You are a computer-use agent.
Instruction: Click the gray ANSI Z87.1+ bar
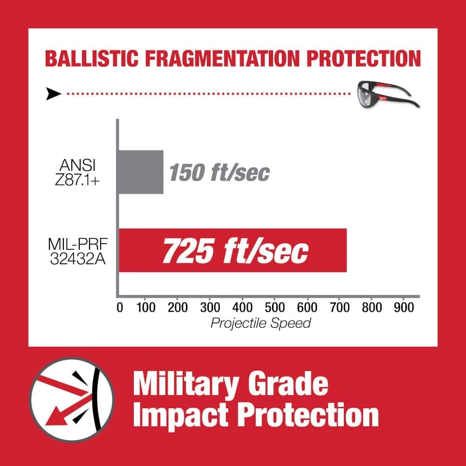point(141,172)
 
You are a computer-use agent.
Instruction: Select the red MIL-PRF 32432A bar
point(233,250)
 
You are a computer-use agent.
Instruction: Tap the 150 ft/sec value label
point(219,173)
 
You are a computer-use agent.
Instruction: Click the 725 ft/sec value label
point(235,252)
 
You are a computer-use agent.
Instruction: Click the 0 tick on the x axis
point(120,308)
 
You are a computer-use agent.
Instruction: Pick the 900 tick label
point(404,308)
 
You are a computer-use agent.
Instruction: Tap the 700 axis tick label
point(339,308)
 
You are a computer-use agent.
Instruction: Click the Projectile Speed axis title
point(260,323)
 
